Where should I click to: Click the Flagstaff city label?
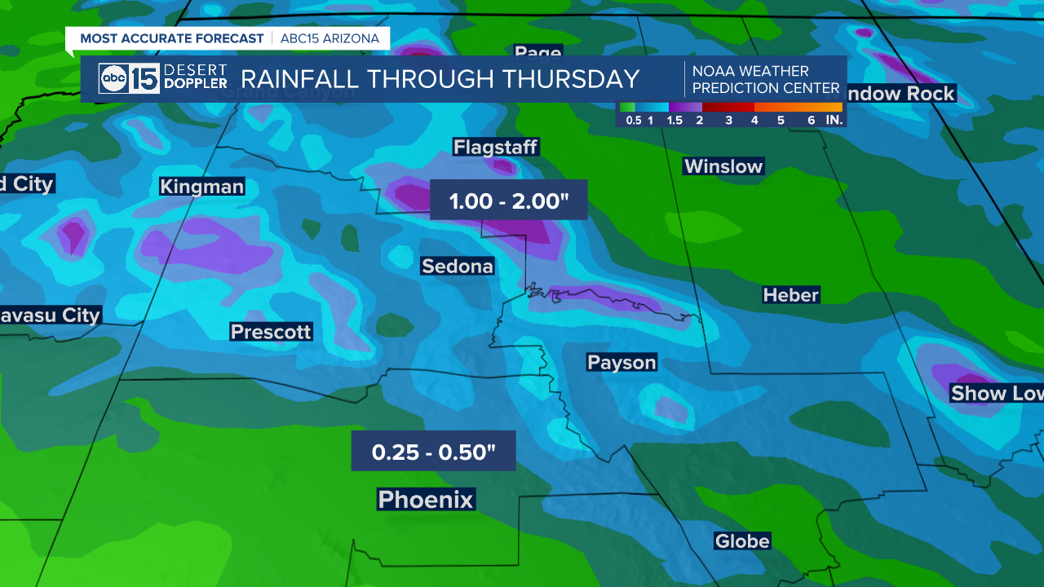click(496, 148)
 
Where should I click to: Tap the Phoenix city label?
click(426, 499)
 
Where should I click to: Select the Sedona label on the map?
click(458, 266)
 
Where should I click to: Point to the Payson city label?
click(622, 362)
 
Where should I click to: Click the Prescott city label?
click(271, 332)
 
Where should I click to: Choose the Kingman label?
click(202, 187)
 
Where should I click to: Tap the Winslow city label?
click(723, 166)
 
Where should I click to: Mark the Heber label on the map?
click(790, 295)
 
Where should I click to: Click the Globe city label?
click(741, 541)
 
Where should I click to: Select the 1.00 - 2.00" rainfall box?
click(509, 201)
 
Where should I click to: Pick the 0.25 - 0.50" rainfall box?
click(434, 451)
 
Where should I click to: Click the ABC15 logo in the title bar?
click(129, 78)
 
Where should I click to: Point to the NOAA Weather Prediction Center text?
click(765, 79)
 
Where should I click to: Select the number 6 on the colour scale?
click(811, 120)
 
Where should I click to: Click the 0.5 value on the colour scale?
click(633, 120)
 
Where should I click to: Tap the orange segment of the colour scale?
click(798, 107)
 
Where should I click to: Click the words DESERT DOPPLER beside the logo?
click(195, 77)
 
